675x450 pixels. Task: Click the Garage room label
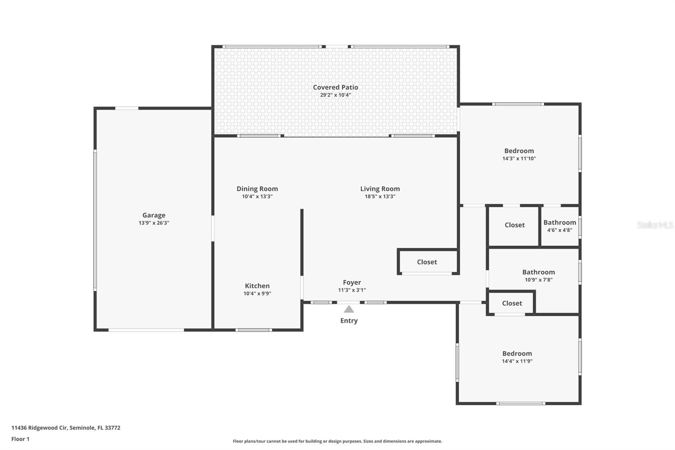pos(154,215)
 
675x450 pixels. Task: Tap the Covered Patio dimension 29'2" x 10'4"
pos(335,95)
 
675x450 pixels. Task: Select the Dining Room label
pos(257,189)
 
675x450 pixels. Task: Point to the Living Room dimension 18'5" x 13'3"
pos(380,196)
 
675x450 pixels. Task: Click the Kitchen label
pos(257,286)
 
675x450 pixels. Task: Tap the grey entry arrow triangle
pos(349,309)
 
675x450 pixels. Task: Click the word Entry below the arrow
pos(349,321)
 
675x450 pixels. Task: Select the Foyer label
pos(351,282)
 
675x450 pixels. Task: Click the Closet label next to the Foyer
pos(427,262)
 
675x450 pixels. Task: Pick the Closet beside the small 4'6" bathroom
pos(514,225)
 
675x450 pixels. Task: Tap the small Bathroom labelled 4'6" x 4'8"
pos(559,222)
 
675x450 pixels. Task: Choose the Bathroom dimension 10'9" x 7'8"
pos(538,279)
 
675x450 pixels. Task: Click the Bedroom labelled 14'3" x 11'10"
pos(519,151)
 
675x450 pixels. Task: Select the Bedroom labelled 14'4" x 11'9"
pos(517,354)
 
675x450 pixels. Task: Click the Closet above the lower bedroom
pos(512,303)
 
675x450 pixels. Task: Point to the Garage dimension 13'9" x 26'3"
pos(154,223)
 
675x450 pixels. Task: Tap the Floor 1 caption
pos(20,439)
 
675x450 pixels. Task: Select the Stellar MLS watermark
pos(655,225)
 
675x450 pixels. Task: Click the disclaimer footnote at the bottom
pos(337,441)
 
